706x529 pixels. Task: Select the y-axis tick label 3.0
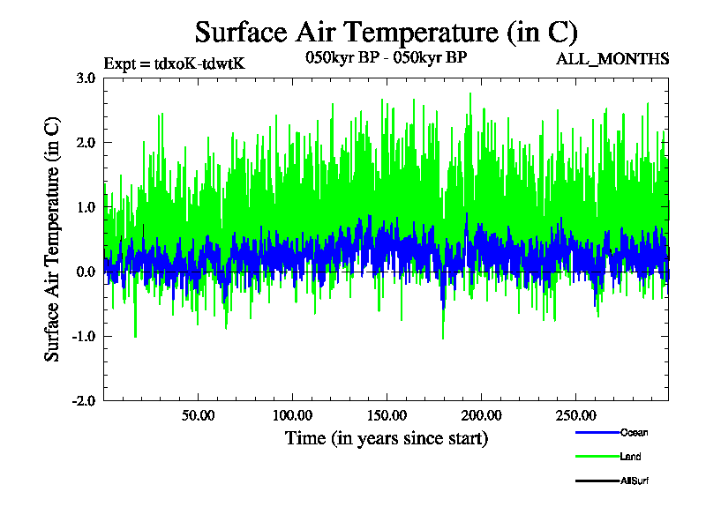coord(86,78)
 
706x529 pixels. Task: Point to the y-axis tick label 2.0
coord(86,143)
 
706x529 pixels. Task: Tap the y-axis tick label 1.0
coord(86,207)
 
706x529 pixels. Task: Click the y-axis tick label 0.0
coord(86,272)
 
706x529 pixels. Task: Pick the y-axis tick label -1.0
coord(85,337)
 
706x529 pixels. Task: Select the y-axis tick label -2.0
coord(85,401)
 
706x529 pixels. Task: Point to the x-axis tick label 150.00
coord(386,415)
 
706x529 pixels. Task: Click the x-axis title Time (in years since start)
coord(386,437)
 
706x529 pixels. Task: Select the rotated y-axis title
coord(53,239)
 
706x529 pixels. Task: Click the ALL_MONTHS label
coord(612,60)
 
